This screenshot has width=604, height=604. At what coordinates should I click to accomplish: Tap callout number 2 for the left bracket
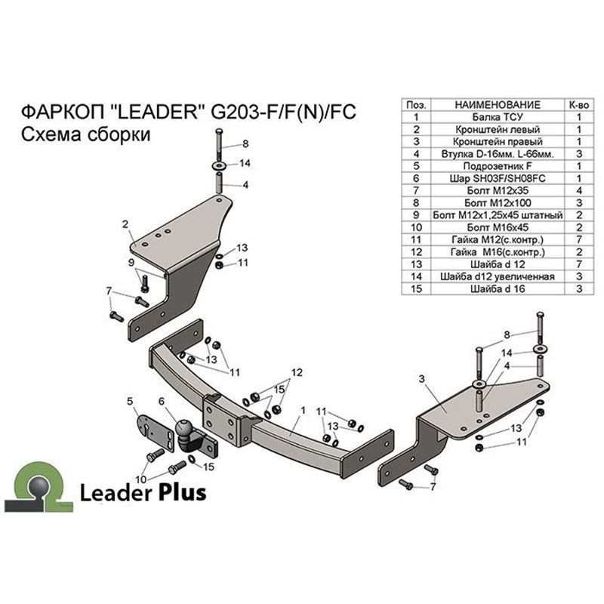125,224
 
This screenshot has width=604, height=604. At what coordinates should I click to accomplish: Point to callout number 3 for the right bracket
422,379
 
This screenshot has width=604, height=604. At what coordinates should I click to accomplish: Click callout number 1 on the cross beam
304,411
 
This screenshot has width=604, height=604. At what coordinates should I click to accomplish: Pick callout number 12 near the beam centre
297,373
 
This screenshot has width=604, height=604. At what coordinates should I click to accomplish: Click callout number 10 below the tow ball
141,479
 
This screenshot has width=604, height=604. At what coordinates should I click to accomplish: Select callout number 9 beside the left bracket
131,263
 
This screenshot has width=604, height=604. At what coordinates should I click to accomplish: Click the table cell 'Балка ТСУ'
498,117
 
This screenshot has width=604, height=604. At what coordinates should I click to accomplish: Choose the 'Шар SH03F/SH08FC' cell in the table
498,178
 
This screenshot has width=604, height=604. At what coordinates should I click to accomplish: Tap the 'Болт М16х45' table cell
498,227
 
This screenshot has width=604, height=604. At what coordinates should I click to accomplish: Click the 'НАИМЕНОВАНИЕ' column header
498,105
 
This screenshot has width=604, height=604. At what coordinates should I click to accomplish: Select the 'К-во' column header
579,105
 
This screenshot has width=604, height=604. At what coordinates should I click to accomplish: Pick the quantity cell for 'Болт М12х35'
579,191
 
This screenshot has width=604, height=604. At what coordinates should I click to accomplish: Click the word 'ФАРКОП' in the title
63,112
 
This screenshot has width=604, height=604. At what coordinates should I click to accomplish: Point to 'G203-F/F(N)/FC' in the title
283,112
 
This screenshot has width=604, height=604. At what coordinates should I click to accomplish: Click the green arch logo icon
39,487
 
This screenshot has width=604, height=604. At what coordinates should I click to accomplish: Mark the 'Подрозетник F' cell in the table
498,166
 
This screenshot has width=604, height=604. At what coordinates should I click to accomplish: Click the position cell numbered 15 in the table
416,289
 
